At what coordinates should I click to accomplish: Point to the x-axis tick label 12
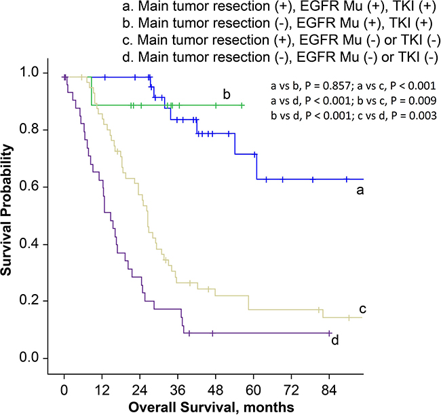[x=102, y=391]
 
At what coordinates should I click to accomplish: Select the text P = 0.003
[x=402, y=113]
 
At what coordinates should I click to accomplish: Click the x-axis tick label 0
[x=64, y=391]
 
